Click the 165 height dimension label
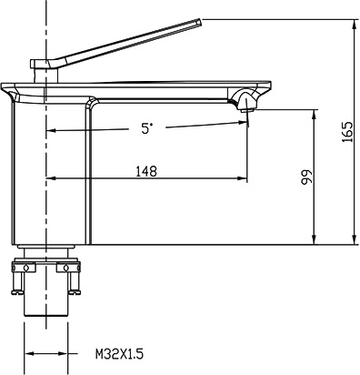(x=347, y=132)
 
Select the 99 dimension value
(x=306, y=177)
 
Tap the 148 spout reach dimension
(x=146, y=171)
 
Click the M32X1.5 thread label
(x=119, y=354)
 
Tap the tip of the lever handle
(x=200, y=21)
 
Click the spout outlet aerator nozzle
(x=245, y=110)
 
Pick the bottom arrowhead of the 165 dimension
(x=354, y=238)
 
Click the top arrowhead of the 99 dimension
(x=314, y=115)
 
